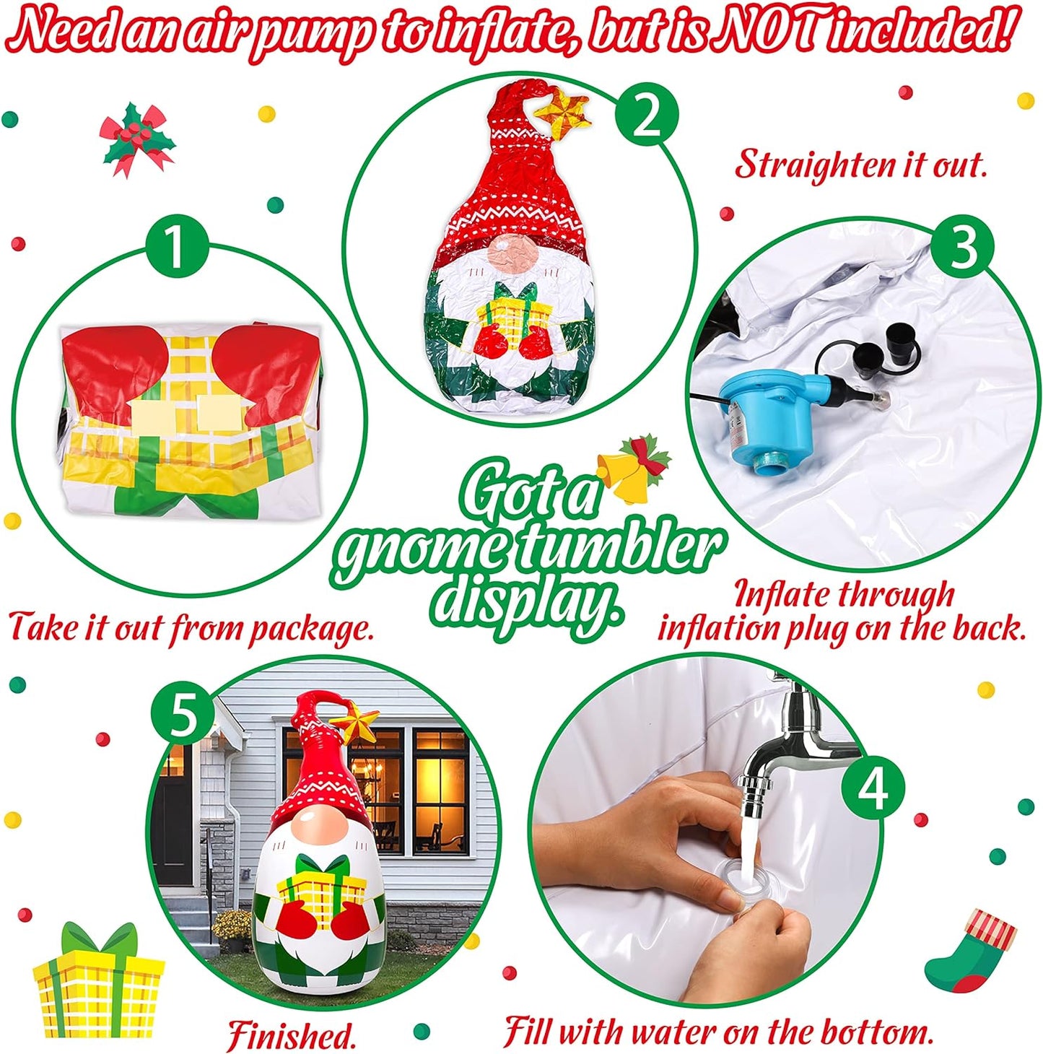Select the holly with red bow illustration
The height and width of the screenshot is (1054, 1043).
136,139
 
